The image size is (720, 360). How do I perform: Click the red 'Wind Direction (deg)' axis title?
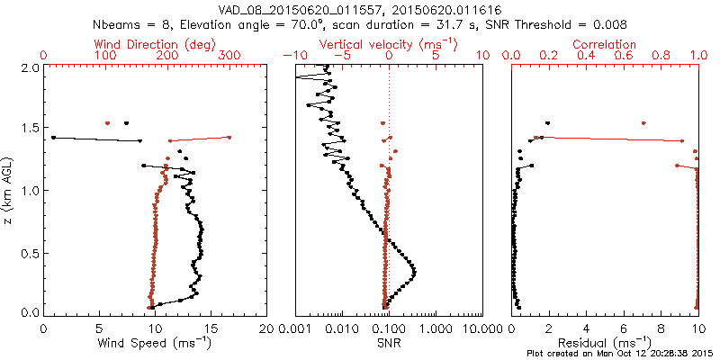click(156, 43)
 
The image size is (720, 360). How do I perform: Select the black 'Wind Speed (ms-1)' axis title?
click(155, 342)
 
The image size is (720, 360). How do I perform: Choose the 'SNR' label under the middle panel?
click(388, 342)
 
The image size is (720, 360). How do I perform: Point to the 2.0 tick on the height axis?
click(29, 67)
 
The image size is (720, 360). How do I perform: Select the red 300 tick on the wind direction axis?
click(229, 56)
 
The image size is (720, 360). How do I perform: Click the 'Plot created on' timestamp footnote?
click(620, 353)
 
